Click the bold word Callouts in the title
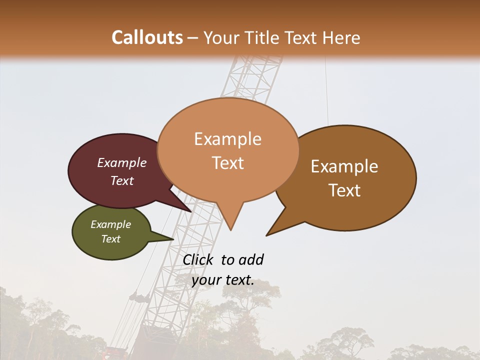[x=147, y=37]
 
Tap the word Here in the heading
[x=341, y=37]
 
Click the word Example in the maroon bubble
[x=122, y=163]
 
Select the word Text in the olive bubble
[x=111, y=239]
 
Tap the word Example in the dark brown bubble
[x=344, y=166]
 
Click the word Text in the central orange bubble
[x=228, y=163]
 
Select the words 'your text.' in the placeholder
[x=223, y=280]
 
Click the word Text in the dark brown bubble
[x=344, y=190]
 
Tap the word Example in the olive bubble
[x=111, y=224]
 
